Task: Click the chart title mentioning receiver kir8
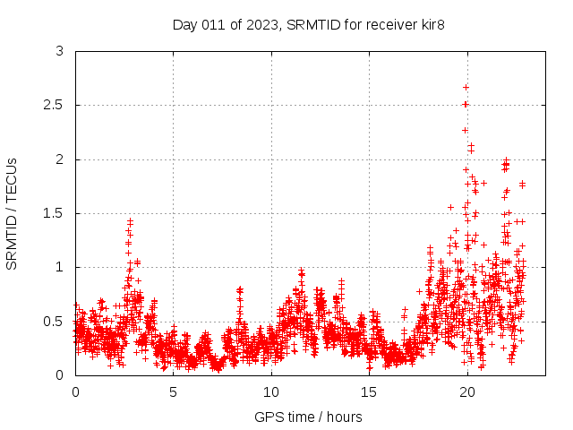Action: [x=308, y=24]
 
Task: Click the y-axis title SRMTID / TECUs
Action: [x=13, y=213]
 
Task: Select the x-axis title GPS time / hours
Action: [x=308, y=417]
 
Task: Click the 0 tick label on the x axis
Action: [x=75, y=391]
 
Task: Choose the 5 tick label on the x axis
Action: [x=173, y=391]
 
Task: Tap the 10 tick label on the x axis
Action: [x=271, y=391]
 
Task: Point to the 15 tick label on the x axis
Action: [x=369, y=391]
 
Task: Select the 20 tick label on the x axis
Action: [x=466, y=391]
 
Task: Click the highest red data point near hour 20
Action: [x=466, y=87]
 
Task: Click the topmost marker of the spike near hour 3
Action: [x=130, y=220]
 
